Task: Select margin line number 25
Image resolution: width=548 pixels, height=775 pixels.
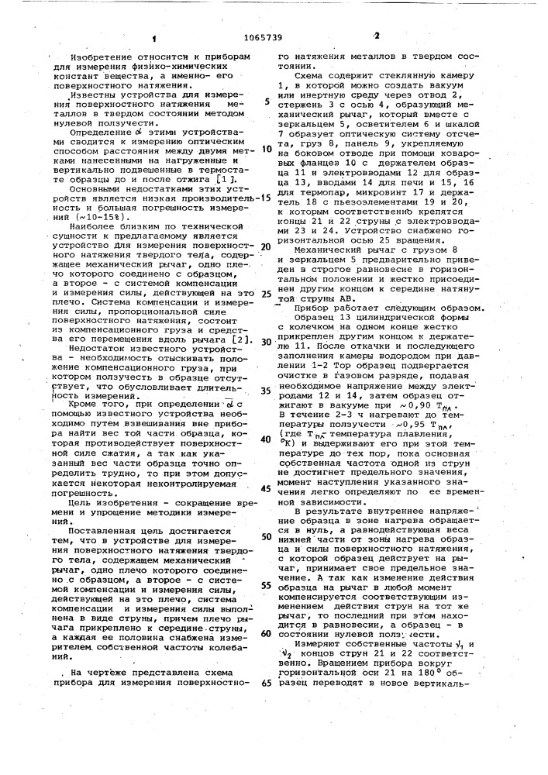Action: (266, 294)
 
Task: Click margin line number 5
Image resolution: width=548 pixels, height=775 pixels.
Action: (266, 102)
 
